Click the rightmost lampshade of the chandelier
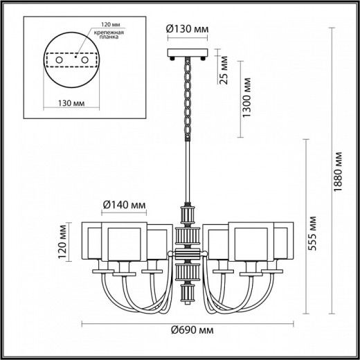click(x=284, y=242)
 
